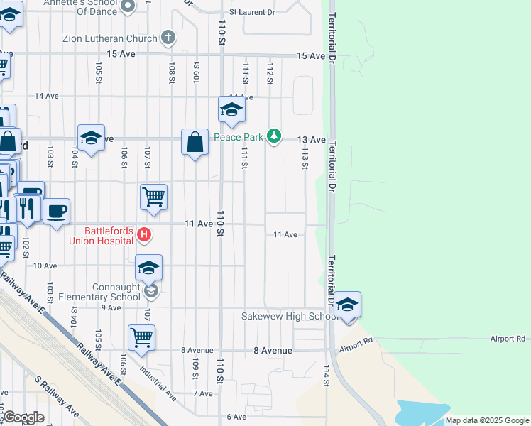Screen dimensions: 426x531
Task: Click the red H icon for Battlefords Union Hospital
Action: pyautogui.click(x=144, y=234)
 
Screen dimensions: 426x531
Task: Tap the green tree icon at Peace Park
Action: pyautogui.click(x=275, y=137)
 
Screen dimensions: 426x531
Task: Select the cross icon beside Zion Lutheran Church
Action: pyautogui.click(x=168, y=37)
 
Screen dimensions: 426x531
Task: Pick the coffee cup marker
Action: pyautogui.click(x=57, y=211)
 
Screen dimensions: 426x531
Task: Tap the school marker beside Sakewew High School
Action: pyautogui.click(x=347, y=305)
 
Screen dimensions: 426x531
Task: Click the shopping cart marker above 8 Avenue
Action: pyautogui.click(x=141, y=338)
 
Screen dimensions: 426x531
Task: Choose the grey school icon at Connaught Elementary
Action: pyautogui.click(x=150, y=291)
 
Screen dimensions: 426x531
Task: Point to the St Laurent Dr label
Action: pyautogui.click(x=251, y=13)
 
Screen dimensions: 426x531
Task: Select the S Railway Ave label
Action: pyautogui.click(x=59, y=399)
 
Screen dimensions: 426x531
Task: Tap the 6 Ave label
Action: pyautogui.click(x=236, y=417)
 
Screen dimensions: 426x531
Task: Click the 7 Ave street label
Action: pyautogui.click(x=202, y=393)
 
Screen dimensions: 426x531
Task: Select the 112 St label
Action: pyautogui.click(x=270, y=72)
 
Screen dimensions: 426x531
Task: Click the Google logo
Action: pyautogui.click(x=23, y=417)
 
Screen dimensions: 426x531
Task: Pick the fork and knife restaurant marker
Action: pyautogui.click(x=27, y=207)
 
